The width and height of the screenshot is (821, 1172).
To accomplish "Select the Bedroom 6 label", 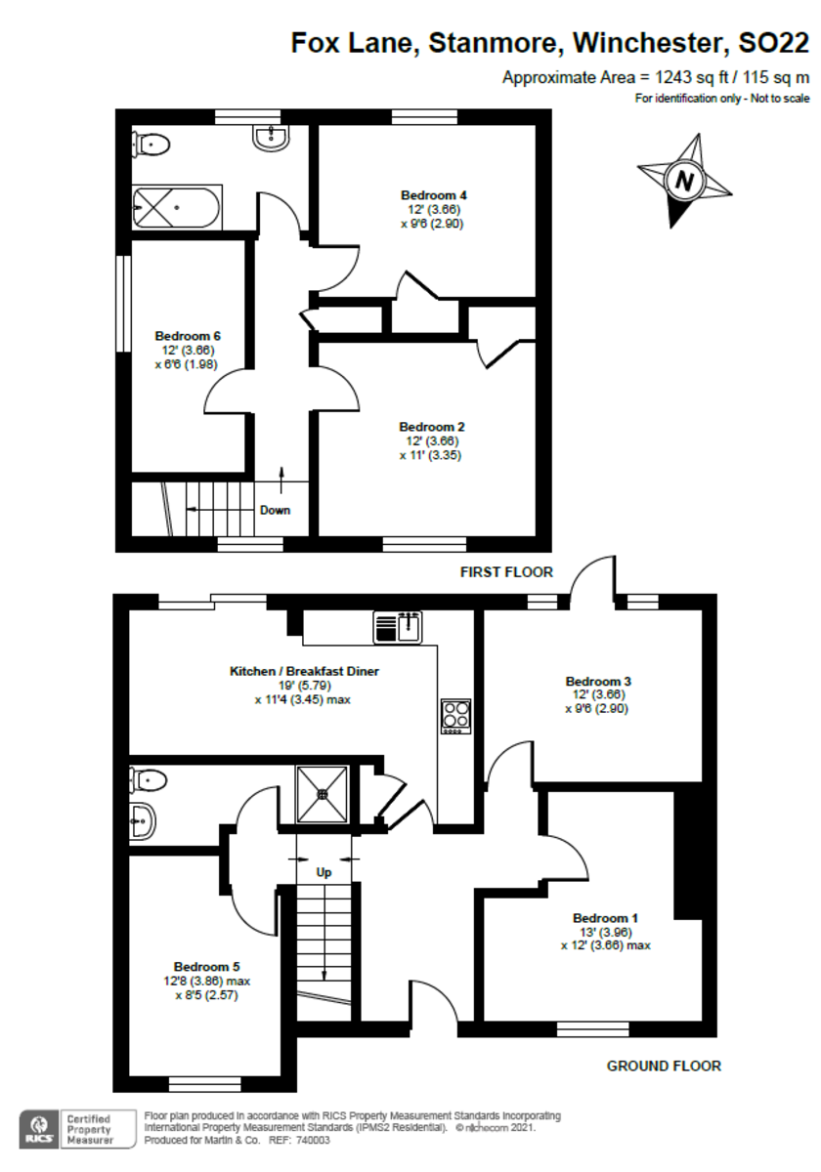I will click(186, 337).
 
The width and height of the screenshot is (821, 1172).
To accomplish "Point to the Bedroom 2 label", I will click(431, 427).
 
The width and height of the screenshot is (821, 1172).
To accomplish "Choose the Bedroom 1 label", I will click(605, 918).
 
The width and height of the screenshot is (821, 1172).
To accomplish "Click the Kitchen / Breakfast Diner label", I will click(304, 671).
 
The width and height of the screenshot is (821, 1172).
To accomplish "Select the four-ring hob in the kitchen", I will click(455, 716).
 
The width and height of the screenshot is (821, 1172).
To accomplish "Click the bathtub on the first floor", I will click(177, 206).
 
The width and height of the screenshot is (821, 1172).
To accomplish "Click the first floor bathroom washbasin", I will click(270, 139).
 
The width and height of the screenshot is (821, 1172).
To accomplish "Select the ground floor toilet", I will click(148, 779).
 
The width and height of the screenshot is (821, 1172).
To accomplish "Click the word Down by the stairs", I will click(275, 510).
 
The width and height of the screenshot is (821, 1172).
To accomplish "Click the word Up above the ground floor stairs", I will click(324, 871).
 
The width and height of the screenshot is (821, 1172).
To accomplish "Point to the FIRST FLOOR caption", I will click(506, 572).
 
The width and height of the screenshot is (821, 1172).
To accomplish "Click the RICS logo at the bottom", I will click(39, 1127).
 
